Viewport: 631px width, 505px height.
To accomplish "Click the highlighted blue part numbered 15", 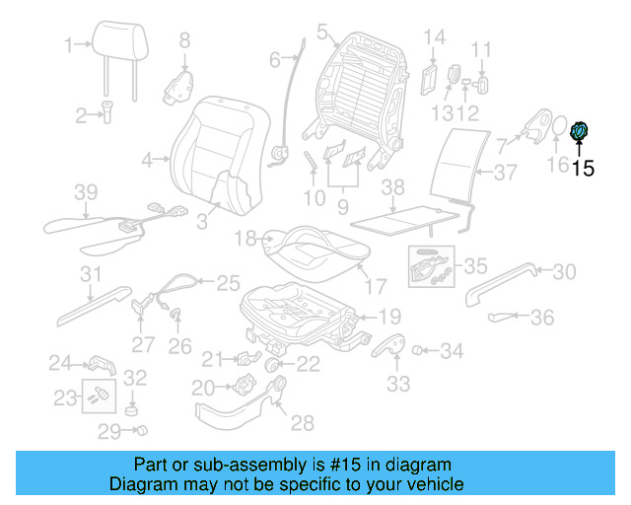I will click(580, 129).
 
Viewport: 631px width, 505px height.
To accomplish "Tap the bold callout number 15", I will click(583, 168).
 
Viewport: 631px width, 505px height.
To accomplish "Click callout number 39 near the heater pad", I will click(87, 190).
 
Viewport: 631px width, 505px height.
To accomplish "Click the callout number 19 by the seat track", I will click(389, 317).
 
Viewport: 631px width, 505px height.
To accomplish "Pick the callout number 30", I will click(563, 271).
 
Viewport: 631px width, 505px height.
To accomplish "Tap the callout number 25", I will click(229, 282).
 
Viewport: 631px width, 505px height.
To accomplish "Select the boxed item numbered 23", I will click(96, 397).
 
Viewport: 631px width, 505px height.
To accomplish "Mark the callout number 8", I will click(183, 40).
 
